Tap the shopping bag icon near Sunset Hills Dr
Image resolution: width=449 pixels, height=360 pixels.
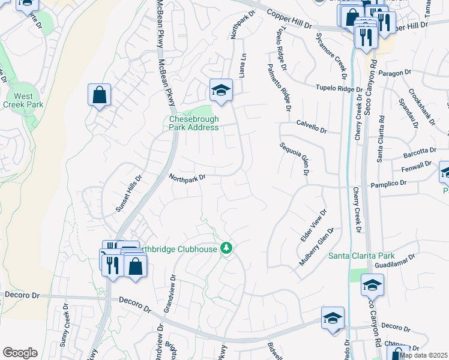coord(99,95)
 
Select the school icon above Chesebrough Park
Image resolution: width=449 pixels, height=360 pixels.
coord(221,91)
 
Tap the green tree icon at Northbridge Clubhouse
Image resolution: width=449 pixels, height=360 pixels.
coord(226,247)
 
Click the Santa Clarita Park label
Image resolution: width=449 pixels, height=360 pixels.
coord(361,256)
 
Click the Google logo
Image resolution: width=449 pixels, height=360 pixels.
coord(20,353)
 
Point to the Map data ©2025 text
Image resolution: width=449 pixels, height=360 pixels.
coord(423,355)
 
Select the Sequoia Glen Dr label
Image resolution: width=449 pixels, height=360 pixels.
coord(294,160)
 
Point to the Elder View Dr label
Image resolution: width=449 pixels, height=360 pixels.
coord(314,226)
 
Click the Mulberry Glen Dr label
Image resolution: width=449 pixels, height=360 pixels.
coord(316,247)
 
